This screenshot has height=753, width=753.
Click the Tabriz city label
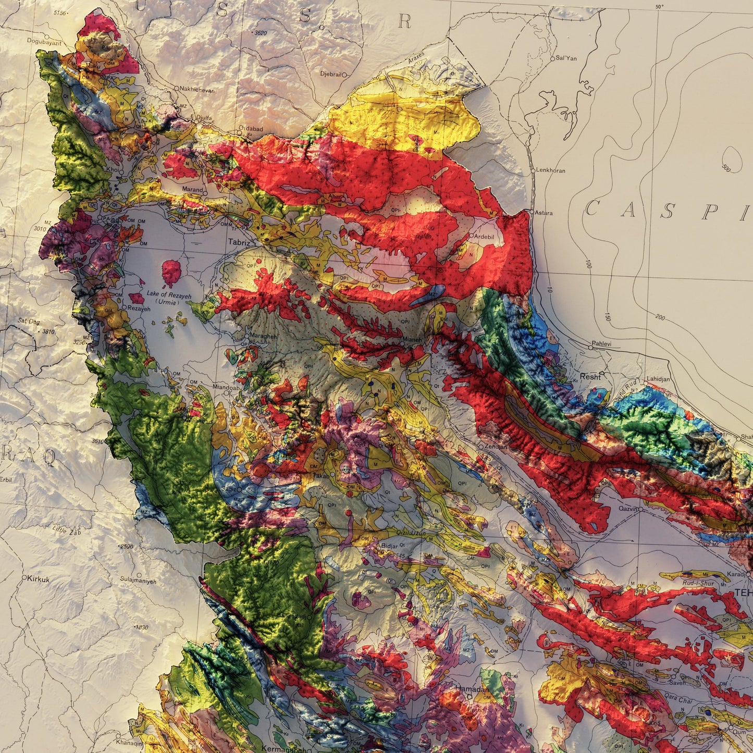[239, 242]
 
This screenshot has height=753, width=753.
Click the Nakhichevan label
[196, 90]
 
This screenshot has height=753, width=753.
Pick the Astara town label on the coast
[544, 213]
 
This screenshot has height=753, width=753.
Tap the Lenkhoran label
[551, 170]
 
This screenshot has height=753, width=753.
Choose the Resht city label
[590, 376]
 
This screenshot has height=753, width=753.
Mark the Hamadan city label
[471, 688]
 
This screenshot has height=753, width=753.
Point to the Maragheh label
[264, 336]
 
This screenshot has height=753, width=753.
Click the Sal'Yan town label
[566, 58]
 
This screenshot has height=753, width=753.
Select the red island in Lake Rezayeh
[170, 273]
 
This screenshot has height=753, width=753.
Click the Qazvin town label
[628, 509]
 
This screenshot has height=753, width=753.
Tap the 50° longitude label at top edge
[660, 6]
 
